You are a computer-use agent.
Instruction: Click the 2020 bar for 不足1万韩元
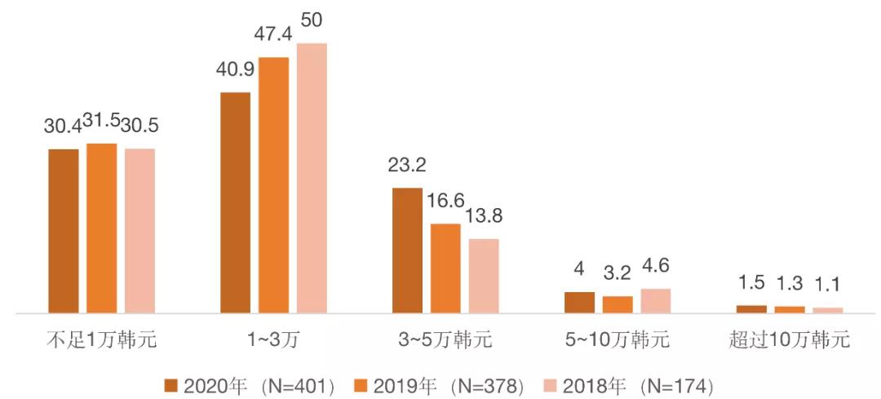64,231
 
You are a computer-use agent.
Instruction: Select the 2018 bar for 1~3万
312,178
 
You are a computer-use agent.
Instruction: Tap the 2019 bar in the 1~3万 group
273,185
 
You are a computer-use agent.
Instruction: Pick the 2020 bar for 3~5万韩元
407,250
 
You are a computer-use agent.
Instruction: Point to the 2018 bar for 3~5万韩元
484,276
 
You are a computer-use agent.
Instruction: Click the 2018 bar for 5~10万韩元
656,301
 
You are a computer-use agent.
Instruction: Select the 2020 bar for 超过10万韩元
751,309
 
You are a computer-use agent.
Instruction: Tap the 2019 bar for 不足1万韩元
102,228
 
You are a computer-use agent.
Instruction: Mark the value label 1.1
828,286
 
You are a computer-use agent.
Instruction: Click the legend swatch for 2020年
170,384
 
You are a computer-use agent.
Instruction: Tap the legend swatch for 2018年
551,384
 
